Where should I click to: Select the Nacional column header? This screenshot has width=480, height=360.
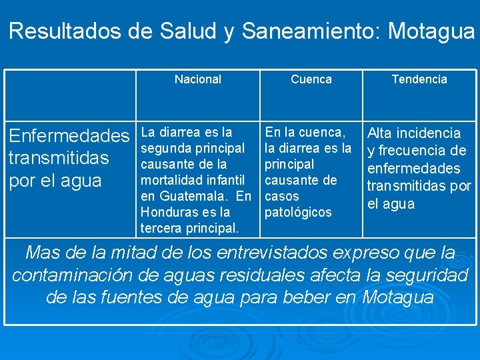tap(197, 79)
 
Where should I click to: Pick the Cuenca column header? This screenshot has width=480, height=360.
tap(311, 79)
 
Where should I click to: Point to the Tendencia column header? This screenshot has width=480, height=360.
tap(419, 79)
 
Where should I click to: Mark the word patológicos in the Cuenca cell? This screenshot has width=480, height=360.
tap(298, 212)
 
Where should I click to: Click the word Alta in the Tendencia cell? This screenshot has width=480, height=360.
tap(381, 133)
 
